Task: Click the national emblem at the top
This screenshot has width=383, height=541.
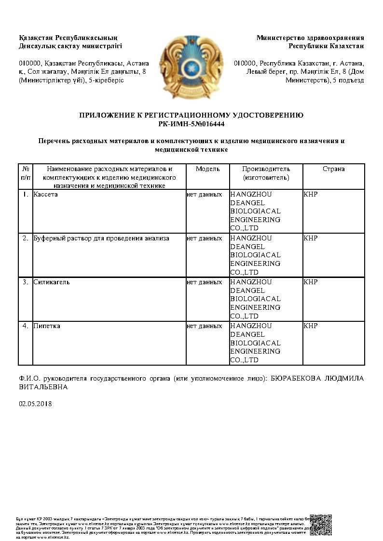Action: (x=191, y=65)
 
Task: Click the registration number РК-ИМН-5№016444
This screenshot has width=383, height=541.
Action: (x=191, y=124)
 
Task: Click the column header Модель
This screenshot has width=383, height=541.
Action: (x=207, y=169)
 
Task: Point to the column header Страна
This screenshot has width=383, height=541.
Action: (x=333, y=169)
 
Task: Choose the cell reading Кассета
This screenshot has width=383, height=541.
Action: (x=46, y=194)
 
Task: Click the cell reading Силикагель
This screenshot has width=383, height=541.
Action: (x=52, y=282)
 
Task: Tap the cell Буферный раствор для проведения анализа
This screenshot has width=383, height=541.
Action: (x=101, y=238)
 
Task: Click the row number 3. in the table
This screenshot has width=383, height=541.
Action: (x=26, y=282)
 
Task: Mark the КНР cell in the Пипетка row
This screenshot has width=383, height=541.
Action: (x=311, y=326)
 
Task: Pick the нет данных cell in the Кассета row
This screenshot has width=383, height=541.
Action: (x=205, y=194)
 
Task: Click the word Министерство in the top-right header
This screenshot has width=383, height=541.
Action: (x=280, y=38)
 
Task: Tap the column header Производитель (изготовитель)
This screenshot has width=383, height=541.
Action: (x=266, y=173)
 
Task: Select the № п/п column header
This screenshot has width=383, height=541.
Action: (x=26, y=173)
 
